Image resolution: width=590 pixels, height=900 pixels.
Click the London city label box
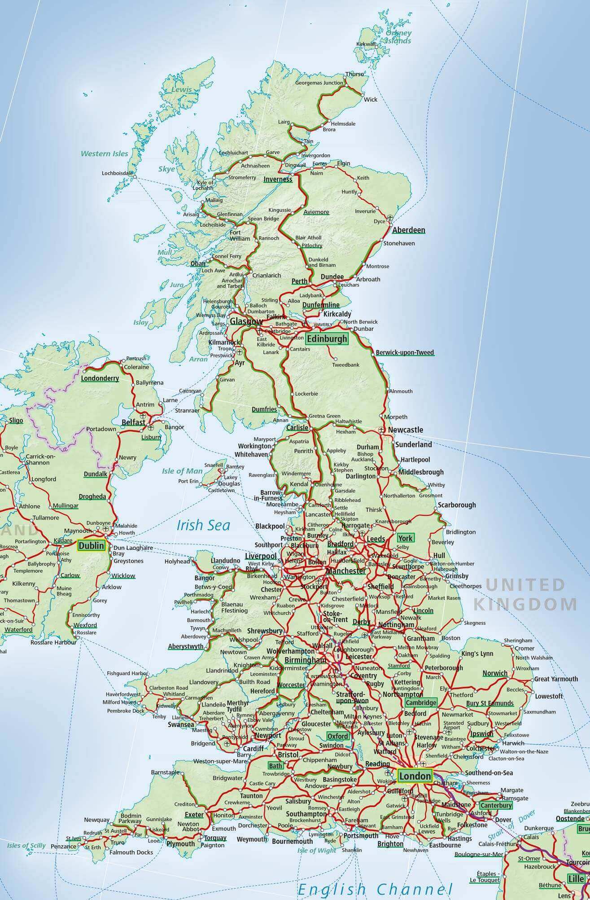pos(415,775)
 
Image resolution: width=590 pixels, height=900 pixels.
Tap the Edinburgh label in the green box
pos(327,339)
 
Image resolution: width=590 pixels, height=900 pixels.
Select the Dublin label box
pos(91,545)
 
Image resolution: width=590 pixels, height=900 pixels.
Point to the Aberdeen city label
pos(408,230)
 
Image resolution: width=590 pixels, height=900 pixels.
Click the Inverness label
pos(278,179)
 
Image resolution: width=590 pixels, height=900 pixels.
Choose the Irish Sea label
pos(203,525)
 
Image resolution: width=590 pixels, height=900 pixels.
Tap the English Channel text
pos(375,888)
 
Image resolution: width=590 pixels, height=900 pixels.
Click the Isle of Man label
pos(182,471)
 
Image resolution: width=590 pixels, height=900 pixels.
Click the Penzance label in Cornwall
pos(64,847)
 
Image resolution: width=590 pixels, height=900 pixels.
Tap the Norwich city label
pos(495,673)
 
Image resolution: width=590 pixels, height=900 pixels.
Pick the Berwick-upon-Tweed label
pos(405,352)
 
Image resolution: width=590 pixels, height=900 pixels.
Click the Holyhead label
pos(177,561)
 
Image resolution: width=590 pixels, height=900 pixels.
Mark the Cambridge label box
pos(421,702)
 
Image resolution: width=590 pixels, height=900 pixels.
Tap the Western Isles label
pos(104,154)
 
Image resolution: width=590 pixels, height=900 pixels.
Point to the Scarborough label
pos(457,505)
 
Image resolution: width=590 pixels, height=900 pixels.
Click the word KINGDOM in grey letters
pos(525,604)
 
